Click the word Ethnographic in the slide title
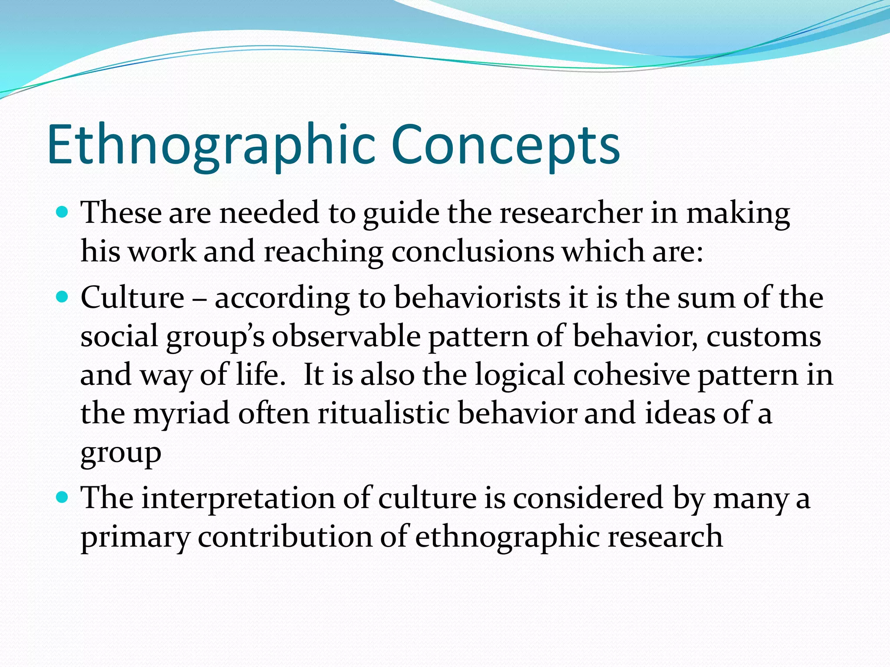tap(211, 145)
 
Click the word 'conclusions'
tap(473, 252)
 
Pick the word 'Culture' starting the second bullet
tap(133, 298)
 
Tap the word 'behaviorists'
tap(477, 298)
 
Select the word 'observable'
tap(346, 337)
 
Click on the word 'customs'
tap(764, 337)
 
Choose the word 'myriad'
tap(181, 414)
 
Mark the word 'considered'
tap(588, 499)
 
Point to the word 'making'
tap(738, 214)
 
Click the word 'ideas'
tap(680, 414)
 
